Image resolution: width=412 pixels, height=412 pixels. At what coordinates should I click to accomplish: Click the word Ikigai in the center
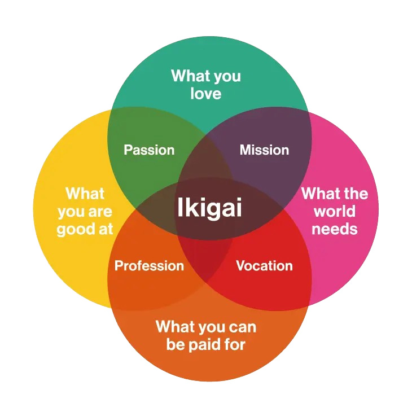(209, 208)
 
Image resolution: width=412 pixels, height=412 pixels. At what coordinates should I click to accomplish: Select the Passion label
(149, 150)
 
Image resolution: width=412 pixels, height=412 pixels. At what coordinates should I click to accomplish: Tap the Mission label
(264, 150)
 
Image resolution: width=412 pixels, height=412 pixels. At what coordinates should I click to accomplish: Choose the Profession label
(149, 266)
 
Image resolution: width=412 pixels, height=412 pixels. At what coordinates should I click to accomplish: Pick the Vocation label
(264, 266)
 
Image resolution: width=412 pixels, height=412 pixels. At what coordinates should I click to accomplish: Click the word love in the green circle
(206, 94)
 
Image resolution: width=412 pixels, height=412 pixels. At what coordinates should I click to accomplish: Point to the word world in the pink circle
(335, 211)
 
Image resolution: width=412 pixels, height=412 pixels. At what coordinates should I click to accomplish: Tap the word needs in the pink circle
(335, 229)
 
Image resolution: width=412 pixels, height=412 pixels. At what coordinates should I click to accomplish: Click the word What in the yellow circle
(85, 194)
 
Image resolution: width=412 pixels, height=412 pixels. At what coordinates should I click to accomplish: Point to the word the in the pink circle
(356, 194)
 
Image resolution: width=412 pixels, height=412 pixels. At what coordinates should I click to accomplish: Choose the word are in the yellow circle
(100, 212)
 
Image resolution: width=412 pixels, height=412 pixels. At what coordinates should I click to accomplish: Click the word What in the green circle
(190, 76)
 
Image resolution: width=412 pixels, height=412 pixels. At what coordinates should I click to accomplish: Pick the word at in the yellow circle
(106, 229)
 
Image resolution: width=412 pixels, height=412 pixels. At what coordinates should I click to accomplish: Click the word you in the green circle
(227, 77)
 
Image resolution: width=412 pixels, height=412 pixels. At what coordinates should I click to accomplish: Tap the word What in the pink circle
(321, 194)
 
